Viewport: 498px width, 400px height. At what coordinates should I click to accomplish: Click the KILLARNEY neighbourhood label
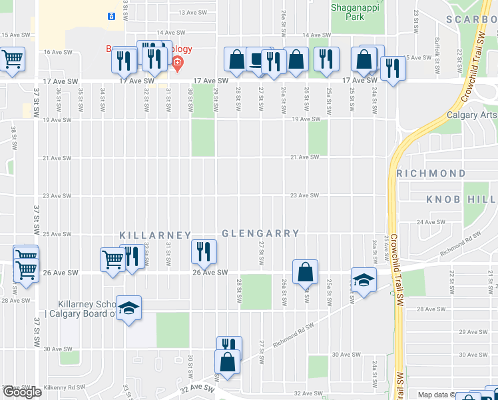pos(155,235)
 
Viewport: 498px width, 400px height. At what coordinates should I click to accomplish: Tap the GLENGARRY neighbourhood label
pos(260,234)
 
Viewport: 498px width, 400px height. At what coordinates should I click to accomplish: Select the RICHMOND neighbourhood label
pos(431,173)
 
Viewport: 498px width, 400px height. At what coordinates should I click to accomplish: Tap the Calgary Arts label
pos(472,115)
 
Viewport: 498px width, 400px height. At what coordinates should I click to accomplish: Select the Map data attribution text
pos(436,395)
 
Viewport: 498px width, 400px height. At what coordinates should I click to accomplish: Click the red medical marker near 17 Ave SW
pos(177,64)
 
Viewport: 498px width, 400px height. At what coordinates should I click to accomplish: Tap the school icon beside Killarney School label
pos(129,309)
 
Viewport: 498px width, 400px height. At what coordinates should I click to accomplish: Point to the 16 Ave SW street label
pos(57,51)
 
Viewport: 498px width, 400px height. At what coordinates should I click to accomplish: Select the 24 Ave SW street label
pos(430,222)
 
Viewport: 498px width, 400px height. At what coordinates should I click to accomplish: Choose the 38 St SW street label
pos(13,137)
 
